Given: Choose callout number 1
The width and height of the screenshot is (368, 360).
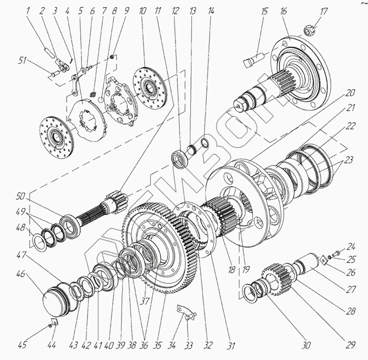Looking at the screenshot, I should [11, 10].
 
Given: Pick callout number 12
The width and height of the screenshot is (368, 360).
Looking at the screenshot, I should [175, 10].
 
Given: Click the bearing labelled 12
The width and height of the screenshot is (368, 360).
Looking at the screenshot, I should [179, 157].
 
